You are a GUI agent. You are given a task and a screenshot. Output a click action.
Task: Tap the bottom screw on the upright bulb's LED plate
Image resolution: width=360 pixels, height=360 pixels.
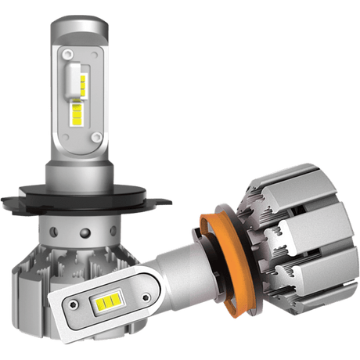pyautogui.click(x=97, y=138)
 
